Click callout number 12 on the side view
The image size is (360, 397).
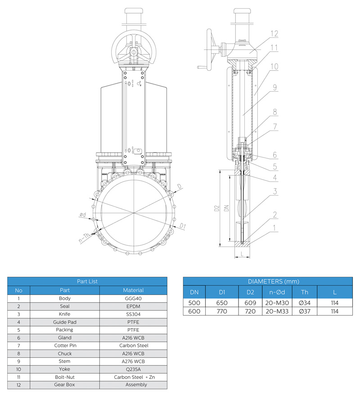[274, 34]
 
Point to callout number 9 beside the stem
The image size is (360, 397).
[275, 87]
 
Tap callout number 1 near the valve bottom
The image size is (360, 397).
[274, 228]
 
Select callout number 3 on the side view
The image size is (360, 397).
[275, 191]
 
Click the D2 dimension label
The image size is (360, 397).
[216, 208]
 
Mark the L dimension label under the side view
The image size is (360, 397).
[242, 254]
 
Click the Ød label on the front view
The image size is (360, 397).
[83, 215]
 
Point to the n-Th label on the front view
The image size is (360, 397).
[84, 238]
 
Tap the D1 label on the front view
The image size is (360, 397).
[183, 226]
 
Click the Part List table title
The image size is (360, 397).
[87, 281]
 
